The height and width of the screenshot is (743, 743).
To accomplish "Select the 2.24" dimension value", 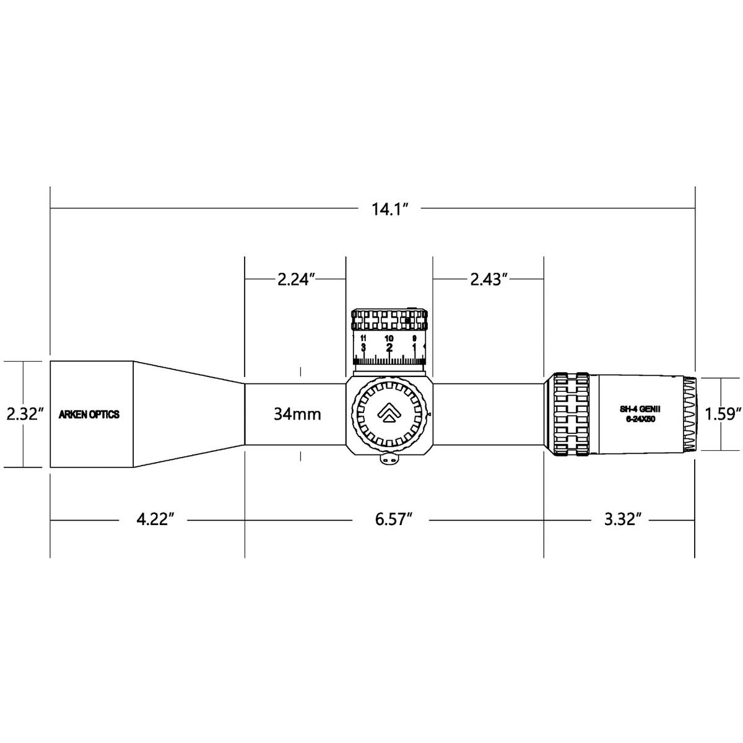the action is [x=297, y=279].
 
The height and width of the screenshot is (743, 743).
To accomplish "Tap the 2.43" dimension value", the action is [x=488, y=279].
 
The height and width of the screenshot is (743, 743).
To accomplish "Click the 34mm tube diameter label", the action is [x=297, y=414].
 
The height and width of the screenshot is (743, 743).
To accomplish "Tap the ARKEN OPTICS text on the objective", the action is [x=89, y=414].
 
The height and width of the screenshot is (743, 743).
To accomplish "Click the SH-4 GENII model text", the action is [x=640, y=410].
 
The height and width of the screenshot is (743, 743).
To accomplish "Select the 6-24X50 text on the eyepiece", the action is [x=640, y=420].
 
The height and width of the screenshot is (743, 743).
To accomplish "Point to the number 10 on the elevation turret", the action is [x=389, y=338].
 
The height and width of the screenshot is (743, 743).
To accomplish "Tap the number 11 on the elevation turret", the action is [x=363, y=338].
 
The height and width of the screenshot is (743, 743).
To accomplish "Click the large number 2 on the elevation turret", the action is [x=389, y=347].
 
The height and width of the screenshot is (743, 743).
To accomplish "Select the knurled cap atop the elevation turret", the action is [x=389, y=319].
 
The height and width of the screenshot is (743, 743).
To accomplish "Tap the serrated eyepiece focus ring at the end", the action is [x=689, y=414].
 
